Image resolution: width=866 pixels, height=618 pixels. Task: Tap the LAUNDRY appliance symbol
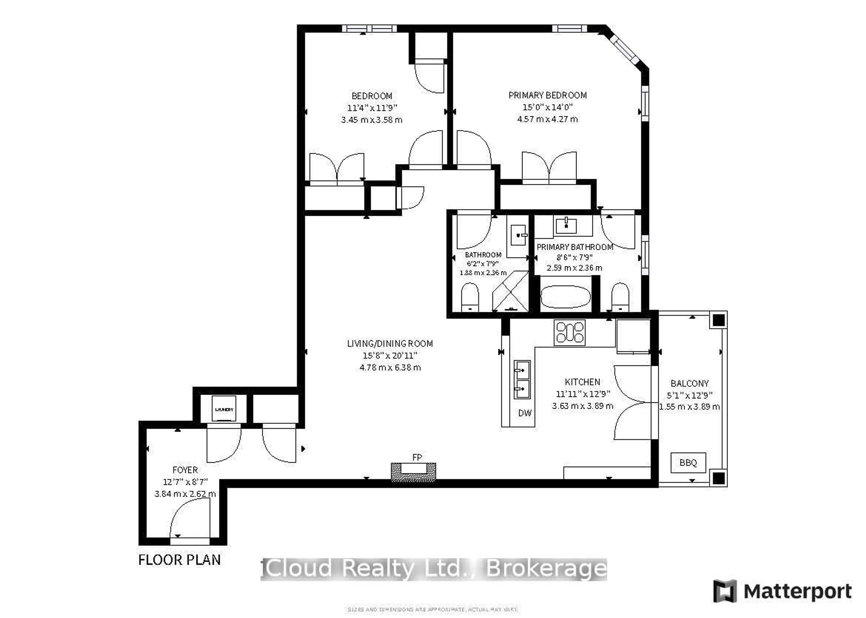[224, 409]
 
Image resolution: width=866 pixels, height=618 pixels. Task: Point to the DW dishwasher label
[525, 413]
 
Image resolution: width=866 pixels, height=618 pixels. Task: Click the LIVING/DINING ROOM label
[389, 344]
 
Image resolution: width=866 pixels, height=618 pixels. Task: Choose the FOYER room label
[185, 470]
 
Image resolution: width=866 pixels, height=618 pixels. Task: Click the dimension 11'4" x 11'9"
[372, 108]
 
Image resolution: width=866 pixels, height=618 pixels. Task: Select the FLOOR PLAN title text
[179, 560]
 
